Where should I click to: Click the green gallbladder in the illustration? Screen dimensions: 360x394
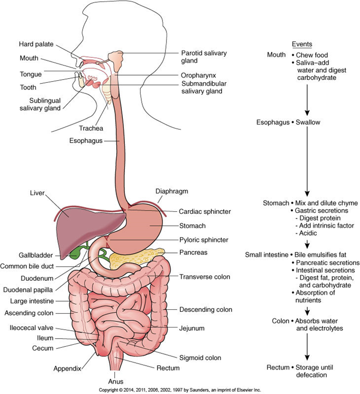point(75,254)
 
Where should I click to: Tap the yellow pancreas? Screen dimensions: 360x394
point(136,258)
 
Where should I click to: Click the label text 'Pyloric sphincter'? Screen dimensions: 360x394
point(204,240)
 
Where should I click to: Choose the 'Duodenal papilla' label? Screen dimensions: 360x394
point(28,290)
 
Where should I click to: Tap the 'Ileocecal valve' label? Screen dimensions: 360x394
point(31,327)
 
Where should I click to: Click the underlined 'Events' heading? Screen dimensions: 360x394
point(302,44)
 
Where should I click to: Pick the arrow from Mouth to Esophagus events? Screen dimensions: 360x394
point(307,100)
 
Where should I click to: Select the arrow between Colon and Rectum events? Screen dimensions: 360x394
point(307,347)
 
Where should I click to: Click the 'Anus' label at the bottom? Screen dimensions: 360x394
point(116,381)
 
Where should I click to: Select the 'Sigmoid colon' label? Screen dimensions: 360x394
point(200,358)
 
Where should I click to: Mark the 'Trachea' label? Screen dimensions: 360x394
point(91,128)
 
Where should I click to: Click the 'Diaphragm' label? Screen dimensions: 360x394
point(172,191)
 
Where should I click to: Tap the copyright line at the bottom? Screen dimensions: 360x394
point(180,390)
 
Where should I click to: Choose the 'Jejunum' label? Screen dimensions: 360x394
point(192,328)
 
